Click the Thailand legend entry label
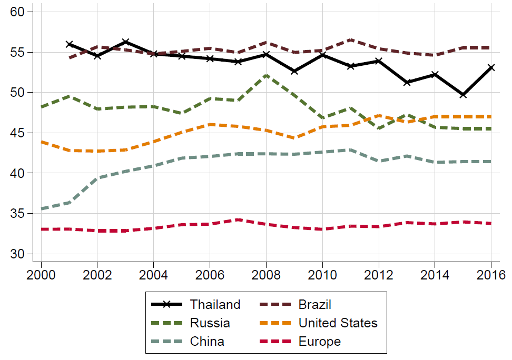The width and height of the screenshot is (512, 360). pos(215,304)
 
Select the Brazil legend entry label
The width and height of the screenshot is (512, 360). pos(314,304)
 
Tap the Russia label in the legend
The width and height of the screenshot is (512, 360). pos(210,323)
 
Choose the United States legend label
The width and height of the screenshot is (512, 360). pos(338,323)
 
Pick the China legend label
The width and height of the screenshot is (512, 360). pos(207,342)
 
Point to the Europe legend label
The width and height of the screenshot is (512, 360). pos(319,342)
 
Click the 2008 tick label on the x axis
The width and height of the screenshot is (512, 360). pos(266,274)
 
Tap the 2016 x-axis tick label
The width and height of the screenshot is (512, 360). pos(491,274)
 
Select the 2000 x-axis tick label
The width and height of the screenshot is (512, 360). pos(41,274)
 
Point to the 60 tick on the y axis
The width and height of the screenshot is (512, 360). pos(18,12)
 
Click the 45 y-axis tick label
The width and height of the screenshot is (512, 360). pos(18,133)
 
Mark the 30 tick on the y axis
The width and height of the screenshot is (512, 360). pos(18,254)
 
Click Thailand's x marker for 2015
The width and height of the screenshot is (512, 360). pos(463,95)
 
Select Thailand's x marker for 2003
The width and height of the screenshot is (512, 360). pos(125,42)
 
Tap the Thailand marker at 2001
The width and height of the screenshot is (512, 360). pos(69,44)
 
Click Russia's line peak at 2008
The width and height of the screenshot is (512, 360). pos(266,75)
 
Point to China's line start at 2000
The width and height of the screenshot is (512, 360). pos(41,209)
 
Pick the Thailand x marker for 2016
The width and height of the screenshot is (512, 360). pos(491,67)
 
